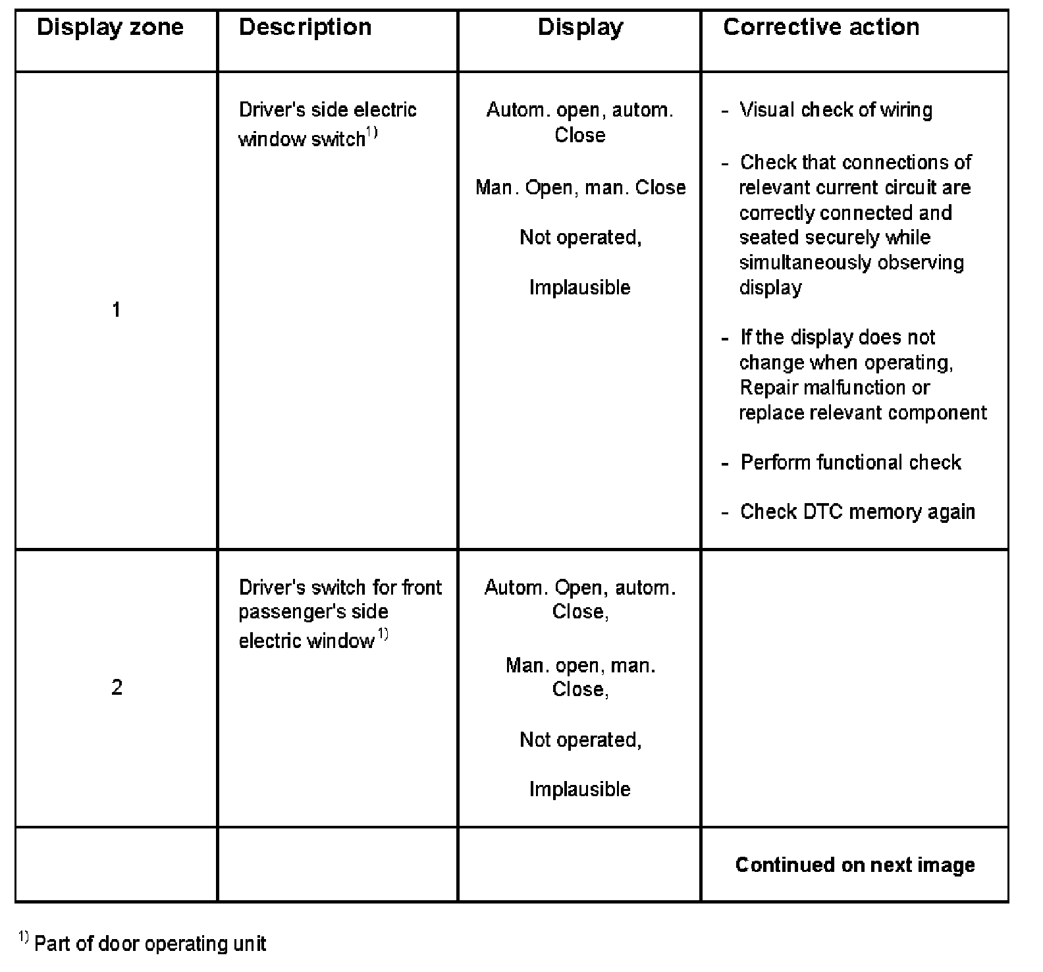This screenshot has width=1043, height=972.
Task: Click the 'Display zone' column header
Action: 110,28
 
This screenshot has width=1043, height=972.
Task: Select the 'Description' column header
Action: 305,28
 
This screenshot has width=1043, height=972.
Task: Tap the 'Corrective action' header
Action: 821,28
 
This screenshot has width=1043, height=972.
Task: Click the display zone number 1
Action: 117,310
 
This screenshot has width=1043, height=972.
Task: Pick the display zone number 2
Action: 117,688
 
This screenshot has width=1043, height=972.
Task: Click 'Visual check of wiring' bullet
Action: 836,110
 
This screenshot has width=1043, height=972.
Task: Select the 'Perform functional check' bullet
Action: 850,462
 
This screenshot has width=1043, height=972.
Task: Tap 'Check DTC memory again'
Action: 857,512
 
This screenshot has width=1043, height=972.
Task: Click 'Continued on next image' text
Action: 855,865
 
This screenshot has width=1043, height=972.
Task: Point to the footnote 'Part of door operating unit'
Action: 149,944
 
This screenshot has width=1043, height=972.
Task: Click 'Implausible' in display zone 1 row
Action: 579,288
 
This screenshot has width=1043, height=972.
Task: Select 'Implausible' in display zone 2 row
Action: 579,789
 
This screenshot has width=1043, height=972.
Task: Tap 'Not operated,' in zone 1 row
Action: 580,237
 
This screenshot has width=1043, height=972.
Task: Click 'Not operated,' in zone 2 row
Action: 580,740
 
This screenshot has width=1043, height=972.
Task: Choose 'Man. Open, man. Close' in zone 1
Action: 580,188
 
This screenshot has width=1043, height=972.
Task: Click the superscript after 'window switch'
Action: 372,133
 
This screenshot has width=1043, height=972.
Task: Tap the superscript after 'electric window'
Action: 383,635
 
